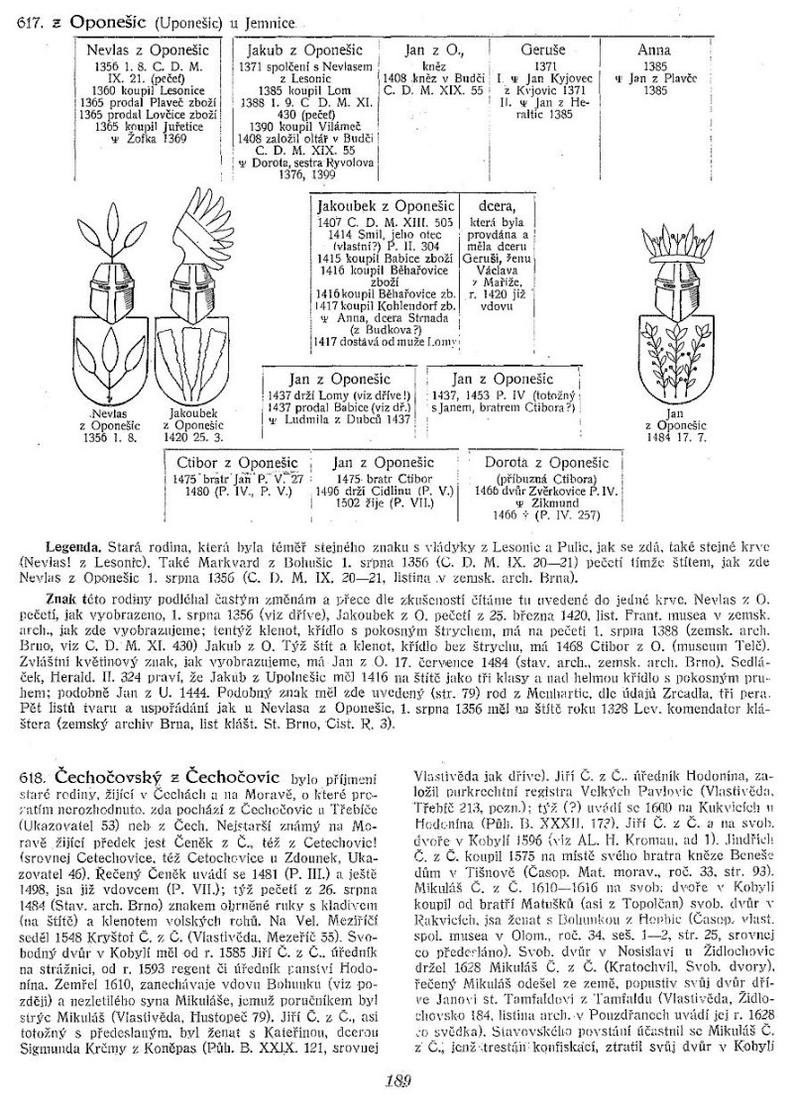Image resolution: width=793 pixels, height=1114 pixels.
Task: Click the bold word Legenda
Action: [x=73, y=546]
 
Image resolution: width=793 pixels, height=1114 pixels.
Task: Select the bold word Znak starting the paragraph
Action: [x=63, y=600]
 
